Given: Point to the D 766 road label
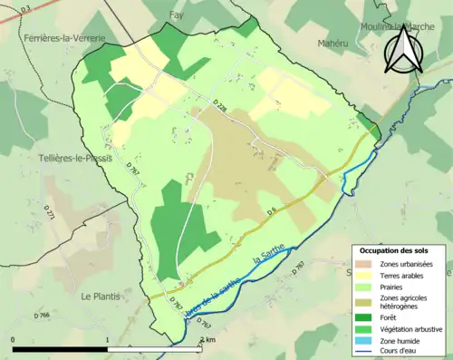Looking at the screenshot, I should click(x=42, y=315).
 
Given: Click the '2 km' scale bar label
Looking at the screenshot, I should click(x=207, y=339).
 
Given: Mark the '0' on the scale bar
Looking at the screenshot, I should click(x=13, y=339).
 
